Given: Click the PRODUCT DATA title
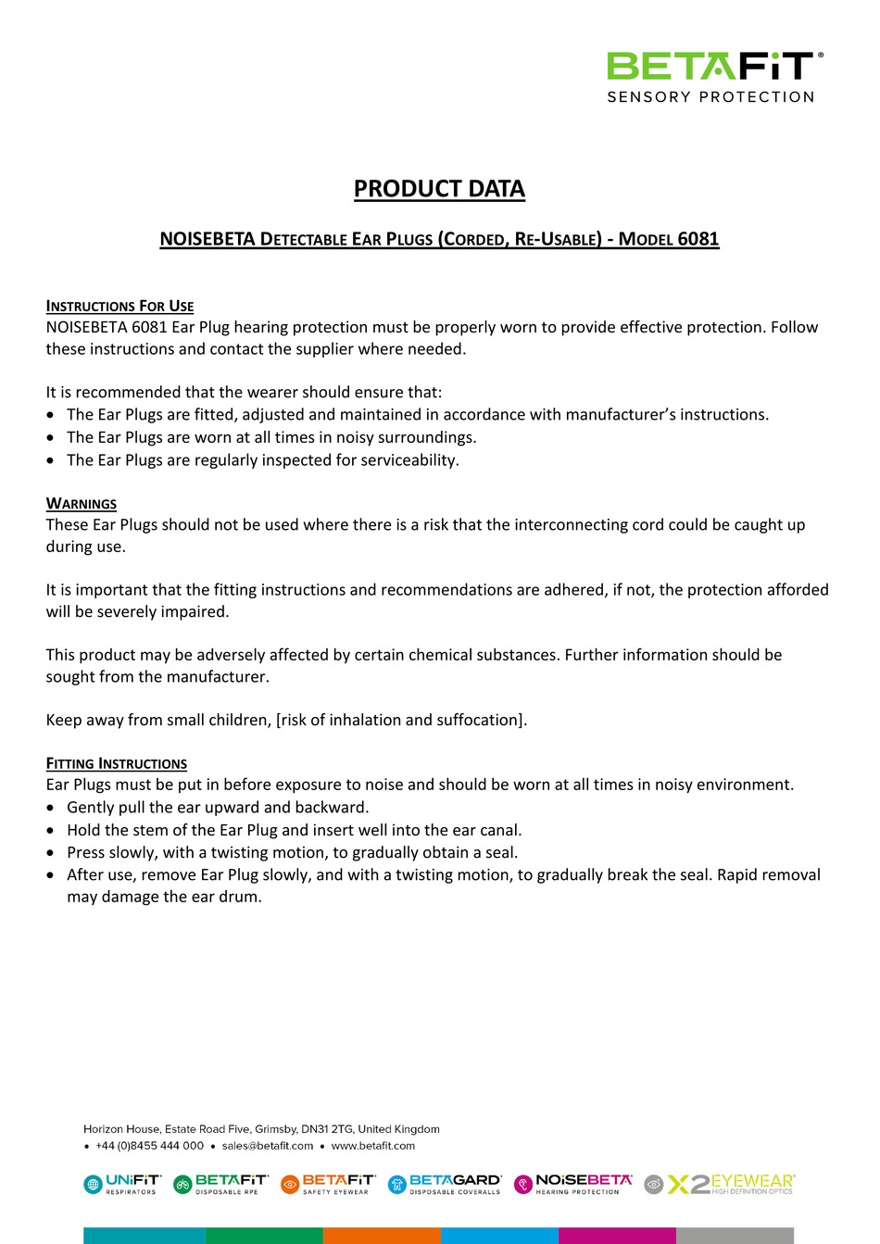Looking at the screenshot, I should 439,189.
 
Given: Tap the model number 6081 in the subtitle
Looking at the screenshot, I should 698,239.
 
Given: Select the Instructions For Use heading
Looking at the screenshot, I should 119,306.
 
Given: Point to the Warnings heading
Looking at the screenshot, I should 82,503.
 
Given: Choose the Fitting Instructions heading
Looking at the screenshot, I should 117,763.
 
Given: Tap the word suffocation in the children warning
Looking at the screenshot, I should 481,720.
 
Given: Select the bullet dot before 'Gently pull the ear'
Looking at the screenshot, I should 51,808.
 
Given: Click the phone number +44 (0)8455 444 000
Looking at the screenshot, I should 149,1146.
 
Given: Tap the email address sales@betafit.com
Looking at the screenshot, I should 268,1146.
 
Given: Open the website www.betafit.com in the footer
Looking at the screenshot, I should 373,1146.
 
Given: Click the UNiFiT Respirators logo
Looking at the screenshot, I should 122,1184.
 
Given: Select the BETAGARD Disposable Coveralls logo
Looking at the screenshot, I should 445,1184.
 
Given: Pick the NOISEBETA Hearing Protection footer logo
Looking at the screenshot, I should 573,1184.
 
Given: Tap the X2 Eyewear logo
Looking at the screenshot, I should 720,1184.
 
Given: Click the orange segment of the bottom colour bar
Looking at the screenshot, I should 382,1236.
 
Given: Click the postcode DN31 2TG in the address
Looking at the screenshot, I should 327,1129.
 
